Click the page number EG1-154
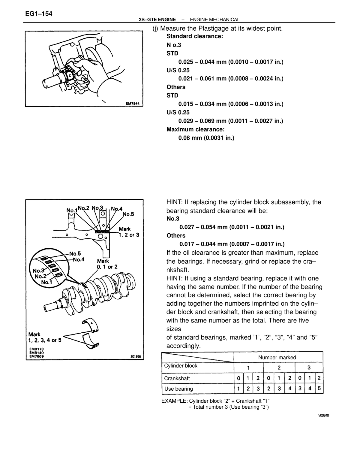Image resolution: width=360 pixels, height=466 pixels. [x=38, y=14]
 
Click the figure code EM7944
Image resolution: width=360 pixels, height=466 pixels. [x=133, y=103]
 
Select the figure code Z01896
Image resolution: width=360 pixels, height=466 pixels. [x=136, y=356]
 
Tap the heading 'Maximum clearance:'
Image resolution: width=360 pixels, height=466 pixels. [x=196, y=129]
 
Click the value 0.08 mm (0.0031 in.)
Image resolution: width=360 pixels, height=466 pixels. [x=206, y=138]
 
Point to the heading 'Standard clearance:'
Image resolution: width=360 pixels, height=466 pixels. [x=195, y=36]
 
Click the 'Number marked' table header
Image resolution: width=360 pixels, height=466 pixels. [x=277, y=357]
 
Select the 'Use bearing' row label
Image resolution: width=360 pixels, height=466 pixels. [x=178, y=389]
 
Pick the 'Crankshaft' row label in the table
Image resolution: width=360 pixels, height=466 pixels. [x=177, y=378]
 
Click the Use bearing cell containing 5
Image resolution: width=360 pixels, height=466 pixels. [x=319, y=389]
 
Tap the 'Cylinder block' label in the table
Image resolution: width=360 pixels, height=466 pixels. [x=181, y=366]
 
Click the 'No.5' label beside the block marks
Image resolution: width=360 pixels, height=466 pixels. [x=128, y=214]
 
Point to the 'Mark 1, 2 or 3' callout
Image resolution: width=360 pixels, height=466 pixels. [x=129, y=232]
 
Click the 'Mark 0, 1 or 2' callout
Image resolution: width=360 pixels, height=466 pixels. [x=107, y=264]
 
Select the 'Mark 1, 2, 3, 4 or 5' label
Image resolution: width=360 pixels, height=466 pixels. [x=45, y=337]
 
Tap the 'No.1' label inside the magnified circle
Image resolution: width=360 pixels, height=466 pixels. [x=46, y=282]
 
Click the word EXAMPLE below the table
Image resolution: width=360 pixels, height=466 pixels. [x=174, y=401]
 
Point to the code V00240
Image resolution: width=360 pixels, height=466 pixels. [x=323, y=415]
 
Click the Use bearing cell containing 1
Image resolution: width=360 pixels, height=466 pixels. [x=238, y=389]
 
